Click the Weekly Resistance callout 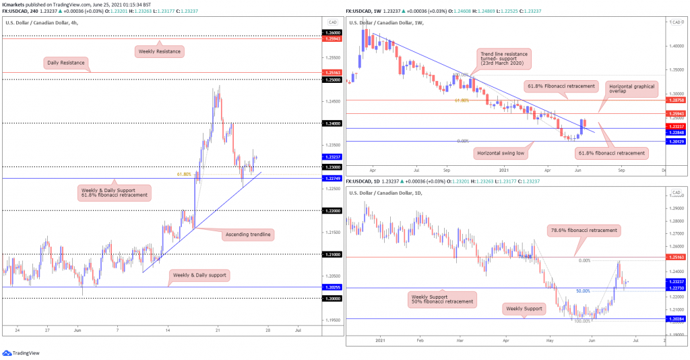click(160, 51)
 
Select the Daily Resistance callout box click(66, 63)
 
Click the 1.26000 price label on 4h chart click(332, 33)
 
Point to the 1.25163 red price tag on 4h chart click(332, 71)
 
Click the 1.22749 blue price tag click(332, 178)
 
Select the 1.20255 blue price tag click(332, 287)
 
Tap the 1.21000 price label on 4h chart click(332, 254)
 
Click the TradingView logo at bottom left click(22, 353)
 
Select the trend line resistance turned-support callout click(504, 59)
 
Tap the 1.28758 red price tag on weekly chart click(676, 100)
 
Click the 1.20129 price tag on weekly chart click(676, 141)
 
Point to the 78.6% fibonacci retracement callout click(583, 230)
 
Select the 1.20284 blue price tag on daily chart click(676, 318)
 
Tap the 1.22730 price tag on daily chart click(676, 288)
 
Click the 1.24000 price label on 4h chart click(332, 123)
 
